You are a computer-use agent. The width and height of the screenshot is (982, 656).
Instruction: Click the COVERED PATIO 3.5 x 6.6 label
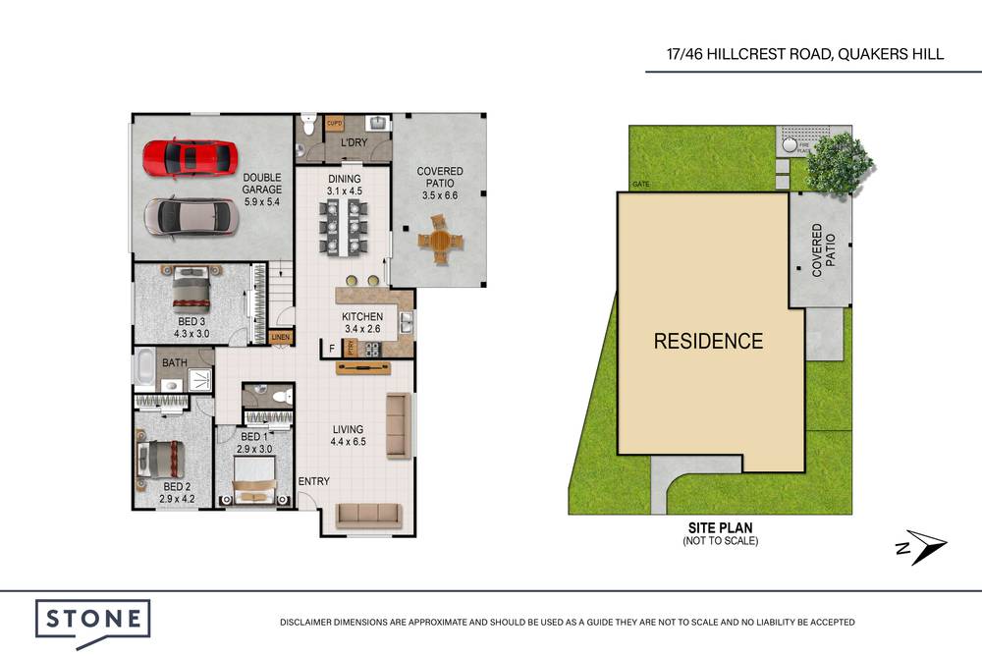click(x=439, y=184)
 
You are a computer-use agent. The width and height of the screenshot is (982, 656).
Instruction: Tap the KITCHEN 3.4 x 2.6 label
click(x=361, y=323)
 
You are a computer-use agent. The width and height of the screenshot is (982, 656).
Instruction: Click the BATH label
click(x=174, y=363)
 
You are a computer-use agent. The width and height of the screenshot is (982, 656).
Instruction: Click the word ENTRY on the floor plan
click(x=313, y=481)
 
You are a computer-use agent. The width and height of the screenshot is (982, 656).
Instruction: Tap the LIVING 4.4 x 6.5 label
click(x=348, y=435)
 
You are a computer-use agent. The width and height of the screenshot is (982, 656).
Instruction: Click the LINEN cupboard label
click(x=281, y=338)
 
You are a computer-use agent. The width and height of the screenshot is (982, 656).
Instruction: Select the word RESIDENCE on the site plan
click(x=708, y=342)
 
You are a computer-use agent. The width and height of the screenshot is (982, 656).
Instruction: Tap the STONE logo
click(x=93, y=621)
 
